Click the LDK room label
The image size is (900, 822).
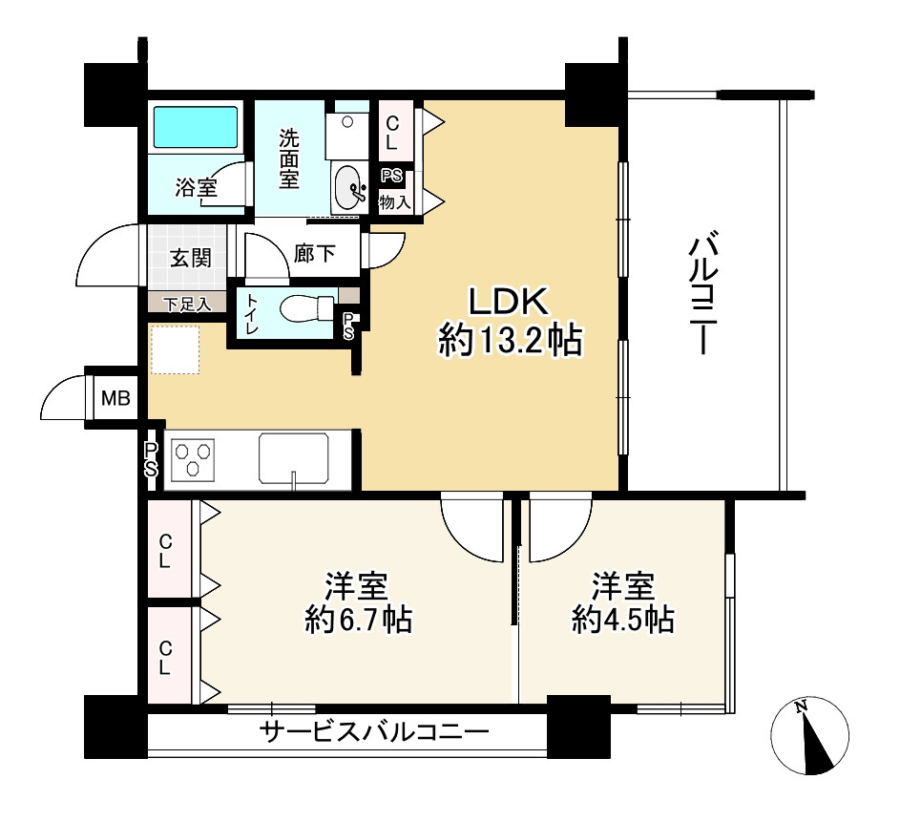(x=509, y=302)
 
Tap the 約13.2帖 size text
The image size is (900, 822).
(x=511, y=341)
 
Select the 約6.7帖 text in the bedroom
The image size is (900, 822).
(x=359, y=620)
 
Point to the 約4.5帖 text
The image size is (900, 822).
(x=623, y=620)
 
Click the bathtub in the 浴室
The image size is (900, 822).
(x=195, y=127)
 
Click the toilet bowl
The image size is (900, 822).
(x=307, y=309)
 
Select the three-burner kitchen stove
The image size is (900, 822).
(x=193, y=460)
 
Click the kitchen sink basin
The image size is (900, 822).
(x=293, y=458)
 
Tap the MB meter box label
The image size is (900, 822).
(x=115, y=398)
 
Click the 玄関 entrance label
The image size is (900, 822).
(x=191, y=258)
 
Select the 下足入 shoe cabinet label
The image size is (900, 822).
(x=187, y=305)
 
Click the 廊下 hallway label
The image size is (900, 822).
(x=315, y=253)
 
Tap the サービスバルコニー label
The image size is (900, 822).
(x=374, y=731)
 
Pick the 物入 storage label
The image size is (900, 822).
(x=395, y=201)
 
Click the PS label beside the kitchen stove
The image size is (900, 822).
(x=151, y=460)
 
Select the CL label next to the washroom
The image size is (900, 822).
(x=391, y=133)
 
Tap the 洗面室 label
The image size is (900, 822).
(x=289, y=158)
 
